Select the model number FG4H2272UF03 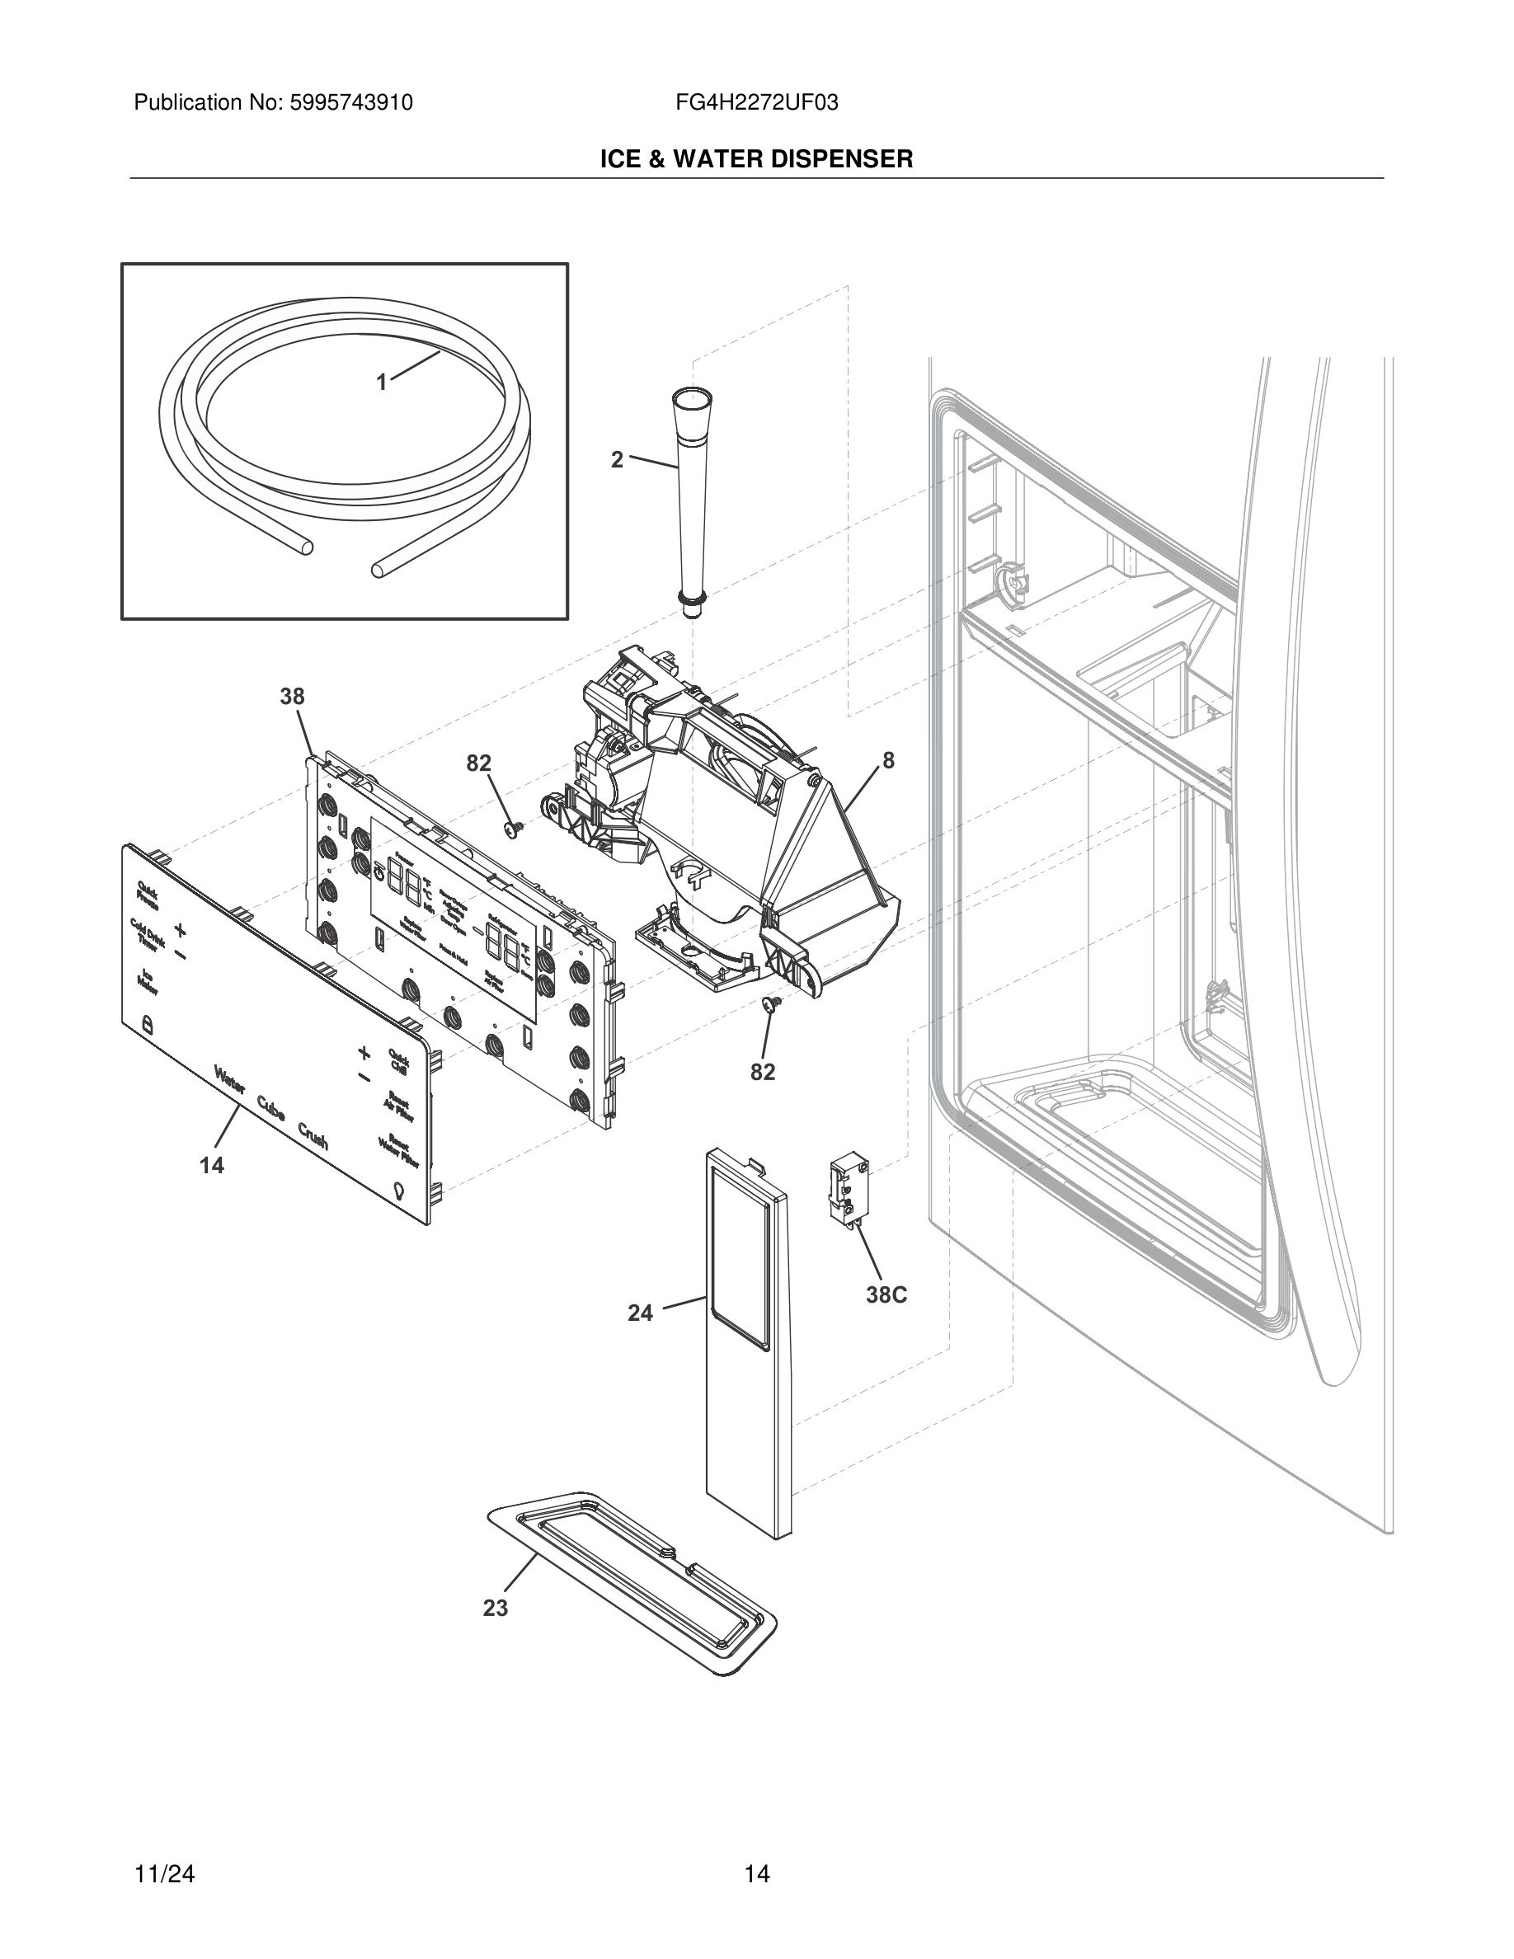[756, 103]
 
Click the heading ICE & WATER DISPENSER [756, 160]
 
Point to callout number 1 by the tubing [381, 383]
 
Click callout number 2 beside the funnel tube [617, 460]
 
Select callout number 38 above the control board [293, 696]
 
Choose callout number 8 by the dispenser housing [888, 762]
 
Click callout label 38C [886, 1295]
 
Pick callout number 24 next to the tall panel [641, 1313]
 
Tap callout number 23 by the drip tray [495, 1609]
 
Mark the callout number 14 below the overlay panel [212, 1165]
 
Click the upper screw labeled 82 [514, 829]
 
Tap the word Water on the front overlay [229, 1081]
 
